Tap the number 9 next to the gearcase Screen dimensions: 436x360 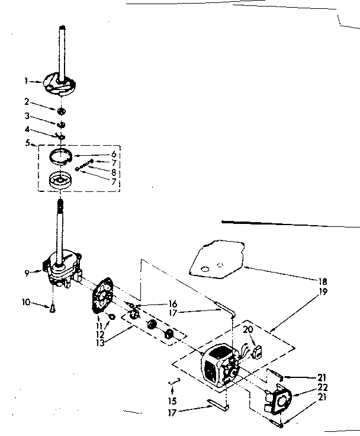tap(26, 273)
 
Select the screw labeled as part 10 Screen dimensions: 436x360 tap(52, 307)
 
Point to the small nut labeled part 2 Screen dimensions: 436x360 tap(62, 111)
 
